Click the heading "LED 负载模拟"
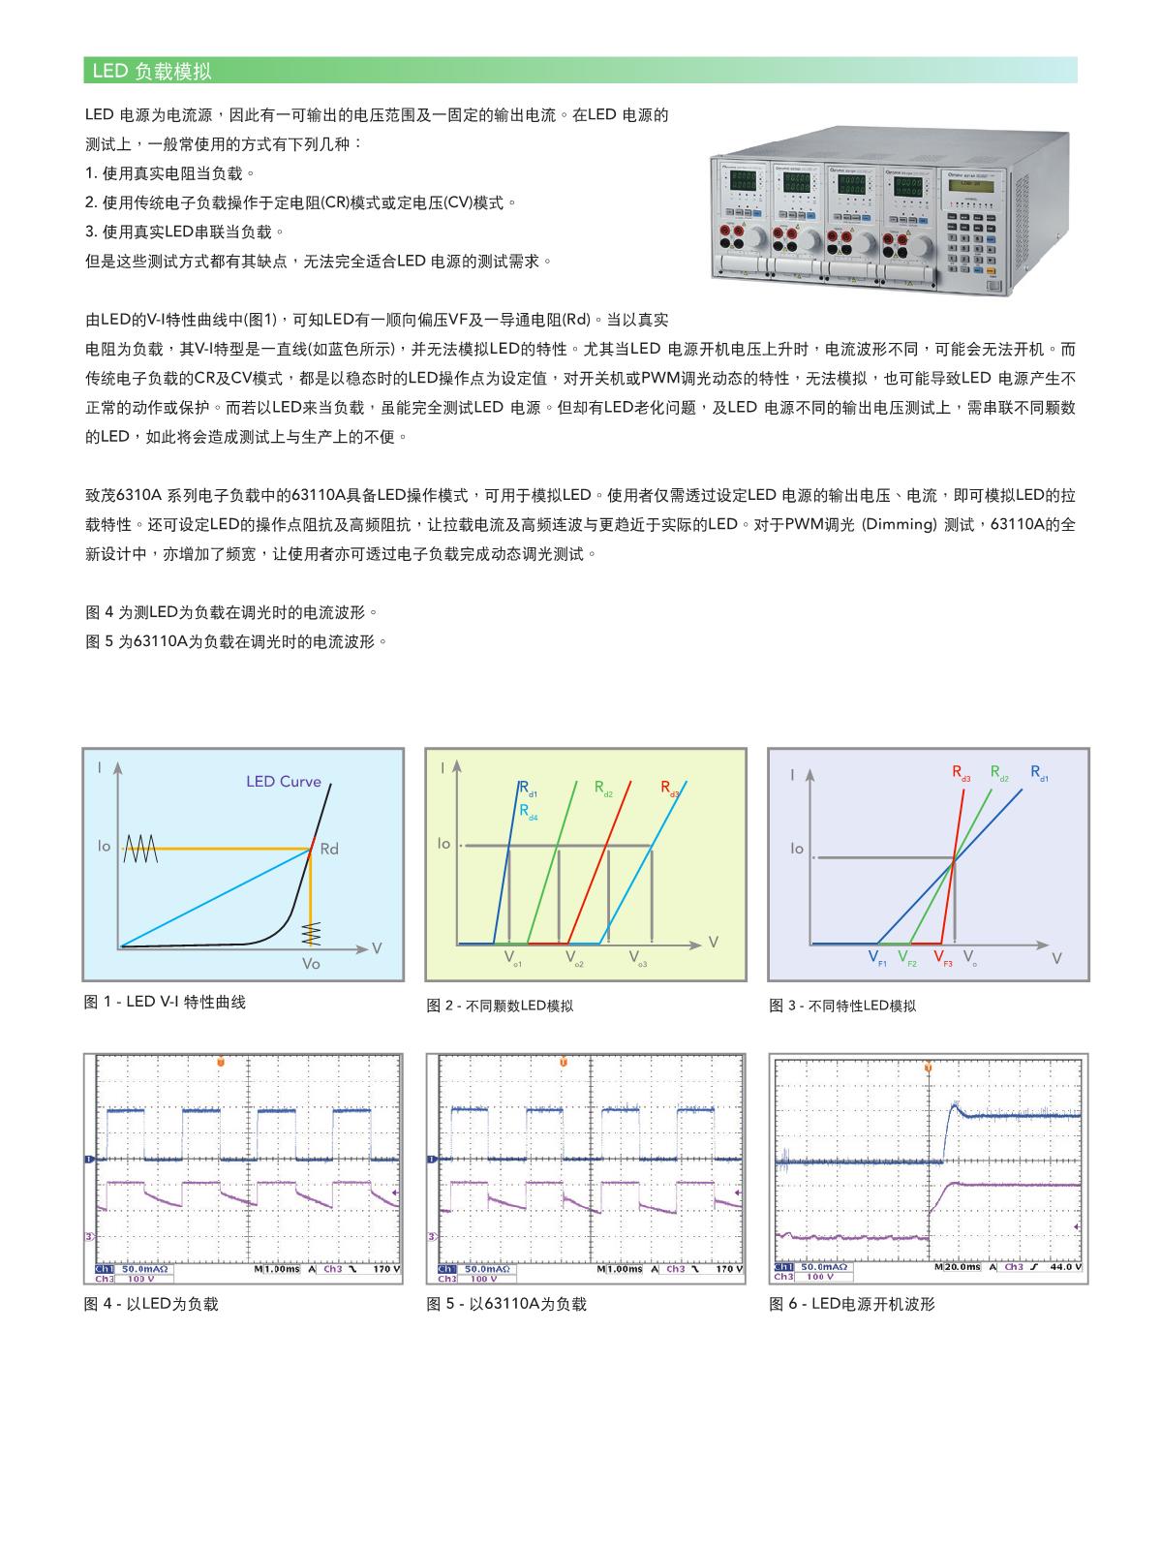[x=151, y=71]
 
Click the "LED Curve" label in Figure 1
[x=283, y=782]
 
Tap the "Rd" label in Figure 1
[x=329, y=850]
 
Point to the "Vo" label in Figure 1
[x=311, y=964]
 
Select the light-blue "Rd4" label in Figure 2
[x=528, y=812]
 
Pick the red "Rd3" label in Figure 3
[x=961, y=774]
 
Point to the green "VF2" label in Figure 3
[x=906, y=958]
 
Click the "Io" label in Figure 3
[x=797, y=849]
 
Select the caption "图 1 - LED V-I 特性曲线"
[x=165, y=1002]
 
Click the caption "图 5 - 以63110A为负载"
[x=506, y=1304]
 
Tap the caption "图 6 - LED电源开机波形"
[x=852, y=1304]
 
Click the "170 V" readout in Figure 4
[x=387, y=1268]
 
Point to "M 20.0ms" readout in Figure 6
[x=958, y=1267]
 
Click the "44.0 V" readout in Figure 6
[x=1065, y=1267]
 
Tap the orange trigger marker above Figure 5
[x=563, y=1064]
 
